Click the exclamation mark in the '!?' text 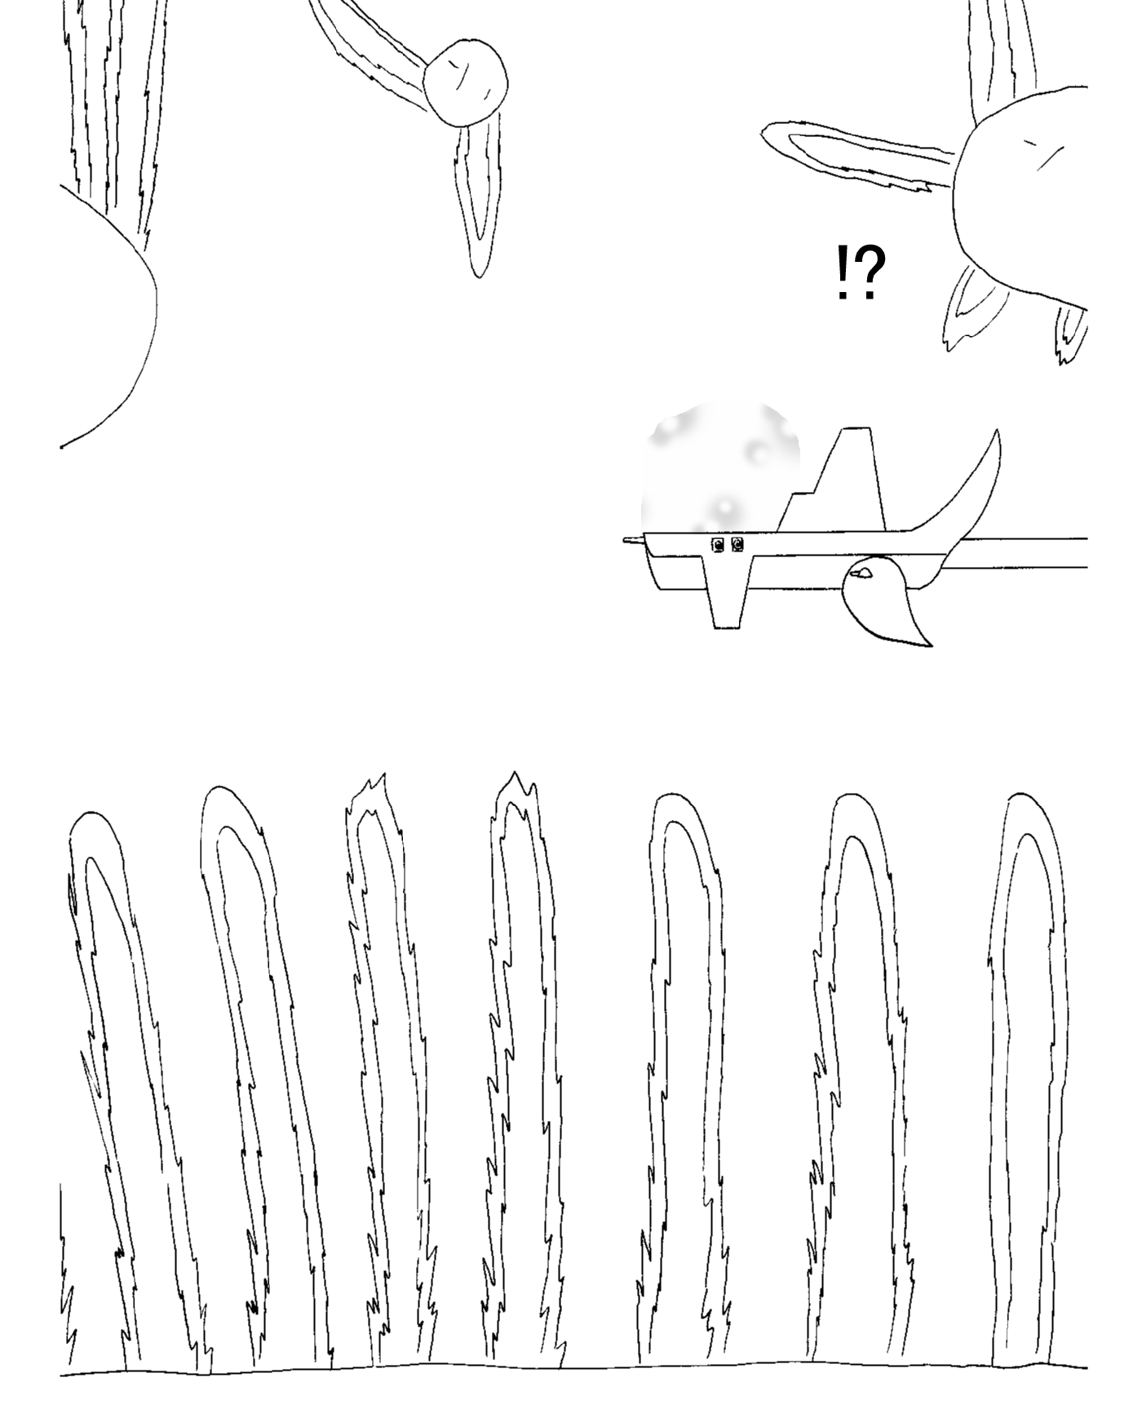tap(843, 273)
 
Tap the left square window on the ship tap(718, 545)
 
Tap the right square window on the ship tap(737, 545)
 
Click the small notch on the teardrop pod tap(861, 574)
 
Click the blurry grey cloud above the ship tap(719, 469)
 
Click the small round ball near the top tap(466, 82)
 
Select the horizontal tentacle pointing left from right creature tap(856, 155)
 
